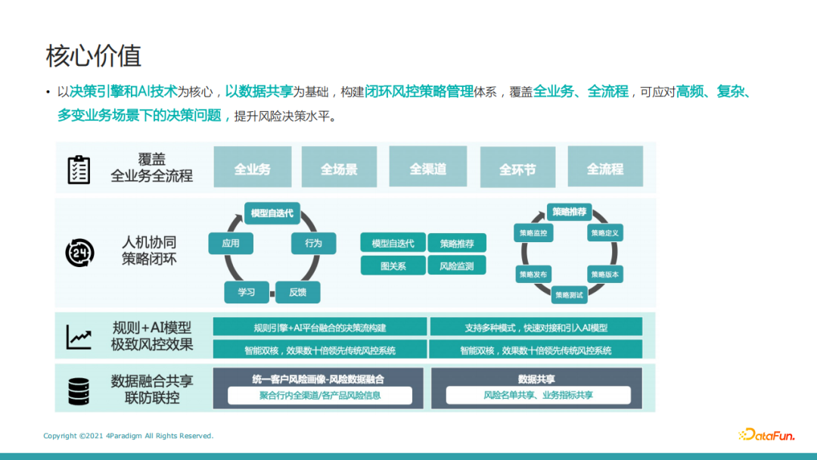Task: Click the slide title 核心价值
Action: coord(93,56)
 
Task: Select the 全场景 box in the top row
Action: coord(339,168)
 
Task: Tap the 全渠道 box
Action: coord(427,168)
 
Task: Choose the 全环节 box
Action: coord(517,169)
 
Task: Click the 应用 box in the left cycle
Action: coord(231,243)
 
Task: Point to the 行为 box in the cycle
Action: coord(313,243)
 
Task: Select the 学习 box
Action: coord(247,292)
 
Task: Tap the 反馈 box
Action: coord(297,292)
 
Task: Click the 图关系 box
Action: coord(393,266)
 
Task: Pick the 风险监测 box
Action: coord(456,266)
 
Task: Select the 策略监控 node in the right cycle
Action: coord(533,233)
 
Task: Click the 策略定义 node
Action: coord(605,233)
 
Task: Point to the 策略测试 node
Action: coord(570,295)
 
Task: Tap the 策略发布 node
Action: coord(533,274)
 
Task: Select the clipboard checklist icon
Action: coord(79,169)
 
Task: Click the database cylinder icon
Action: coord(79,390)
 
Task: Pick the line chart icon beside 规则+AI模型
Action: coord(79,337)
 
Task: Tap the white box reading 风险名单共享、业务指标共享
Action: coord(538,395)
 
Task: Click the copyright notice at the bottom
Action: coord(129,436)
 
